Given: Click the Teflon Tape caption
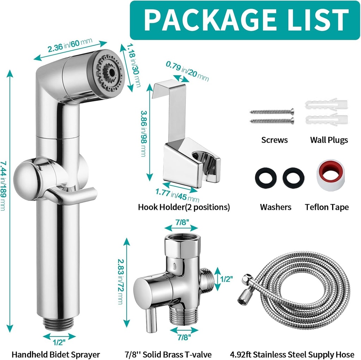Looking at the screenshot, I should coord(327,207).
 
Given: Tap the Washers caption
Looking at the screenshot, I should coord(276,207).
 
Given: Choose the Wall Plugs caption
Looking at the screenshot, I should coord(329,140).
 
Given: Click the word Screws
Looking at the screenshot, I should coord(275,140).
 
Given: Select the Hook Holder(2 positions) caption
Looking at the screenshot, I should coord(184,207).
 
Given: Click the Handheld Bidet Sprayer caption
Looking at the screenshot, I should coord(56,354).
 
